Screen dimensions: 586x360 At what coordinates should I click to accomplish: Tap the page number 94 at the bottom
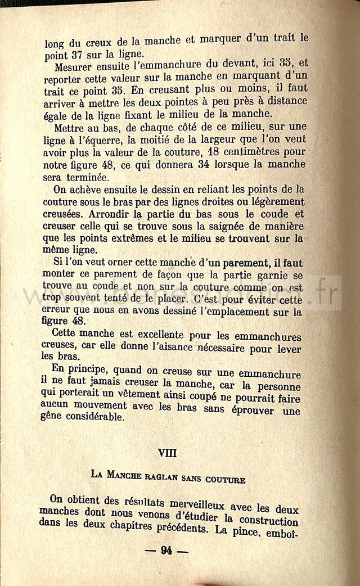(166, 551)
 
